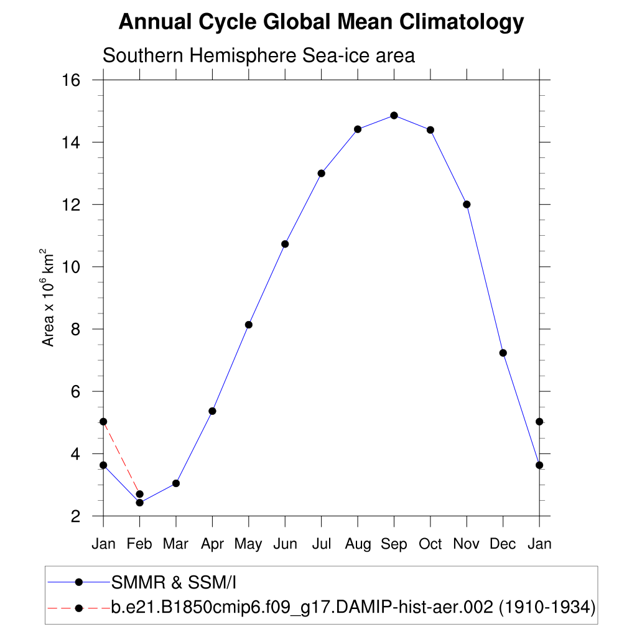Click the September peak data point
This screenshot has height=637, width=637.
pos(394,115)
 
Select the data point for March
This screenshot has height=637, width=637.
pos(176,483)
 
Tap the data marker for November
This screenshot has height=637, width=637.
pos(467,204)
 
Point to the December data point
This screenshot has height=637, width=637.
pos(503,353)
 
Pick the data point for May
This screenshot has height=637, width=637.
pos(249,324)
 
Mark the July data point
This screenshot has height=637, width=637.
pos(322,173)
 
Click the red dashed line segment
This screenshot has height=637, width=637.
pos(121,458)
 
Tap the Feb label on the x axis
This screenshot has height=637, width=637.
pos(139,544)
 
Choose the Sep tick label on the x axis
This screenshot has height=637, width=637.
pos(394,544)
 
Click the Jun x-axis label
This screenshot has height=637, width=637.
pos(285,544)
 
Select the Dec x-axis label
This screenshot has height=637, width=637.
pos(503,544)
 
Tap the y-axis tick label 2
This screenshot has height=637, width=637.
pos(77,516)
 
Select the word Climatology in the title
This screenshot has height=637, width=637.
pos(461,22)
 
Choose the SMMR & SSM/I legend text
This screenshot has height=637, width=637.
pos(174,582)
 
